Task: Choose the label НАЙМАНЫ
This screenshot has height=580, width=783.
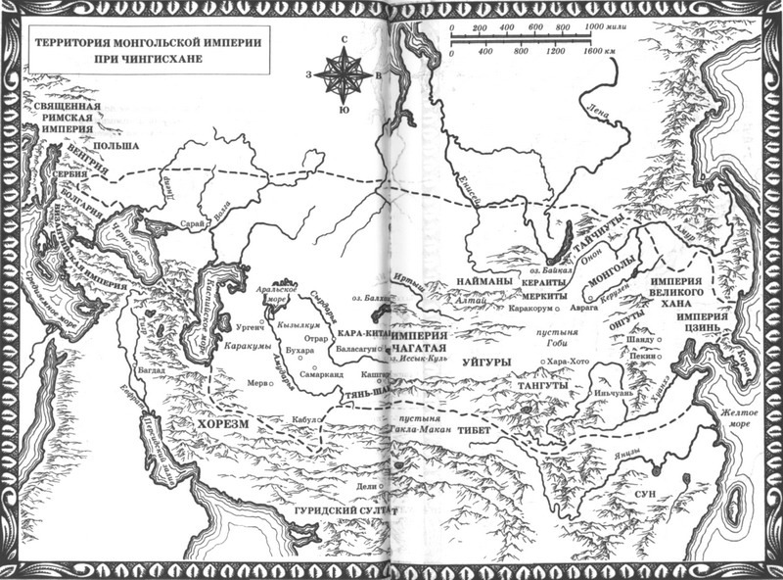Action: [480, 281]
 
